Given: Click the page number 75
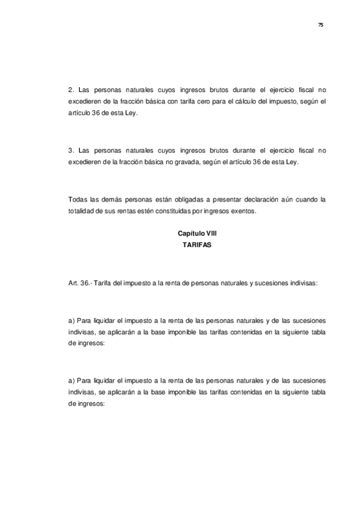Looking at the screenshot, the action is (320, 25).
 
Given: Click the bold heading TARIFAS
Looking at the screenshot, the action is (197, 244).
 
